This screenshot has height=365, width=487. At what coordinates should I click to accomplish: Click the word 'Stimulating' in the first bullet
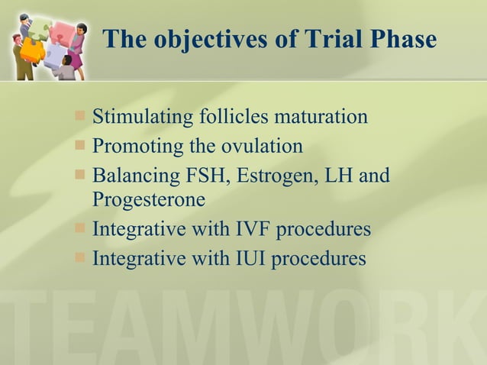click(x=143, y=118)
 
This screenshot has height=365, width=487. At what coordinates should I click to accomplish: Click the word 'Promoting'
click(x=134, y=146)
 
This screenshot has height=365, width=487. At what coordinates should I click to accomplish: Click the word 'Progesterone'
click(x=149, y=201)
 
